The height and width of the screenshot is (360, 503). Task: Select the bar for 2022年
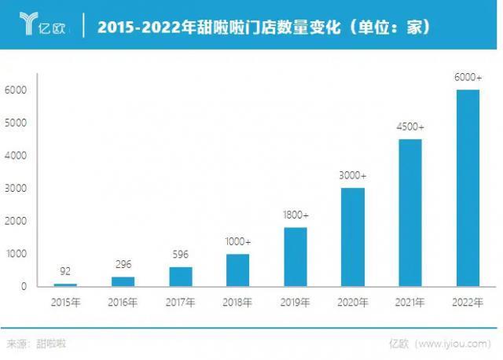tap(468, 188)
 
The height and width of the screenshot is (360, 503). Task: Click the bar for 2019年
tap(296, 257)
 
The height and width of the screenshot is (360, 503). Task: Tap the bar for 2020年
tap(353, 237)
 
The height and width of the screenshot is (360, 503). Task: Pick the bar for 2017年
tap(181, 277)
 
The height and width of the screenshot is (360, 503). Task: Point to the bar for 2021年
tap(410, 213)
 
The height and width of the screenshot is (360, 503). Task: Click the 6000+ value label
tap(468, 77)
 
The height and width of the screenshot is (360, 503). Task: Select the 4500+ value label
tap(410, 127)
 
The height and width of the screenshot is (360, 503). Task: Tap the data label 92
tap(66, 271)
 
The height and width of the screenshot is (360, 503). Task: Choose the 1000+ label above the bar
tap(238, 241)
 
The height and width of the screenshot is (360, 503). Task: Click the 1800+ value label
tap(296, 215)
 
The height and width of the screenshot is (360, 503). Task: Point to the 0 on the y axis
tap(24, 287)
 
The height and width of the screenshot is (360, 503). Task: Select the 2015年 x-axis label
tap(66, 303)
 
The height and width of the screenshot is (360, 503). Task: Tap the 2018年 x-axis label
tap(238, 303)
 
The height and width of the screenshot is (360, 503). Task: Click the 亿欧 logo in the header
tap(40, 27)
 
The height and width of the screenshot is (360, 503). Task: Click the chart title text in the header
tap(263, 28)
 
